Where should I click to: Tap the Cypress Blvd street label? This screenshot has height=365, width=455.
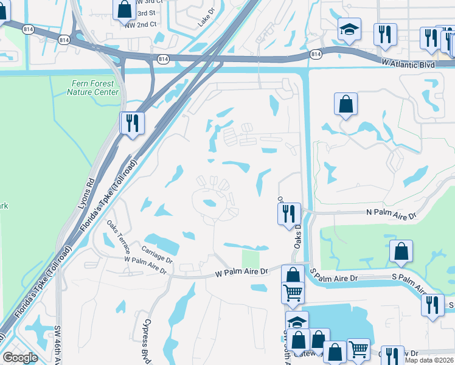(147, 341)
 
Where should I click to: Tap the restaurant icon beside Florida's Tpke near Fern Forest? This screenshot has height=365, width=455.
(131, 123)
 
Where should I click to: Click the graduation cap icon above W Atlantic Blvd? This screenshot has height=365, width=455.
(349, 29)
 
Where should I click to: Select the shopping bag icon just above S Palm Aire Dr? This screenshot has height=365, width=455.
(401, 251)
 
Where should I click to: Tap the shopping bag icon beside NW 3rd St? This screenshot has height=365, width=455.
(124, 10)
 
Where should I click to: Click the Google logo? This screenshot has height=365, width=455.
(20, 357)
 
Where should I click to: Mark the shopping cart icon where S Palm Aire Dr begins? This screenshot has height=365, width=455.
(293, 293)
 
